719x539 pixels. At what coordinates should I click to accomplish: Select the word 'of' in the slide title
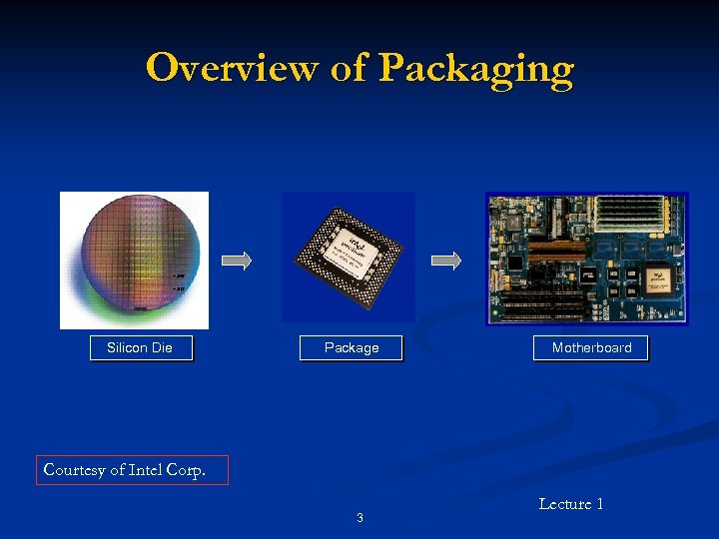point(347,68)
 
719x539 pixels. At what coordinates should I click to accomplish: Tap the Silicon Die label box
point(140,347)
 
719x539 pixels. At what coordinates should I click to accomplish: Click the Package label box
point(352,347)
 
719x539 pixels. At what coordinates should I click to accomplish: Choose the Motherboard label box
point(591,347)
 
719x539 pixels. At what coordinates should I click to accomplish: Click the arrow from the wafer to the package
point(237,261)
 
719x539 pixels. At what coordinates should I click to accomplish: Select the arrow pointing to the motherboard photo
point(446,261)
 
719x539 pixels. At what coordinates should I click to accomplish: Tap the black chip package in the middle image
point(349,256)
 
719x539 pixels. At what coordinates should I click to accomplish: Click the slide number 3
point(359,517)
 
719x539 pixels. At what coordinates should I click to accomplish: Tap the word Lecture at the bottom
point(565,504)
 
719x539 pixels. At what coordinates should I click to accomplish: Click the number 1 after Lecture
point(599,504)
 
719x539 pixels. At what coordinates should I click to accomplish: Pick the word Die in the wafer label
point(161,347)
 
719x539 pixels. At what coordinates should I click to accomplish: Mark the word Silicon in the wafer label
point(126,347)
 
